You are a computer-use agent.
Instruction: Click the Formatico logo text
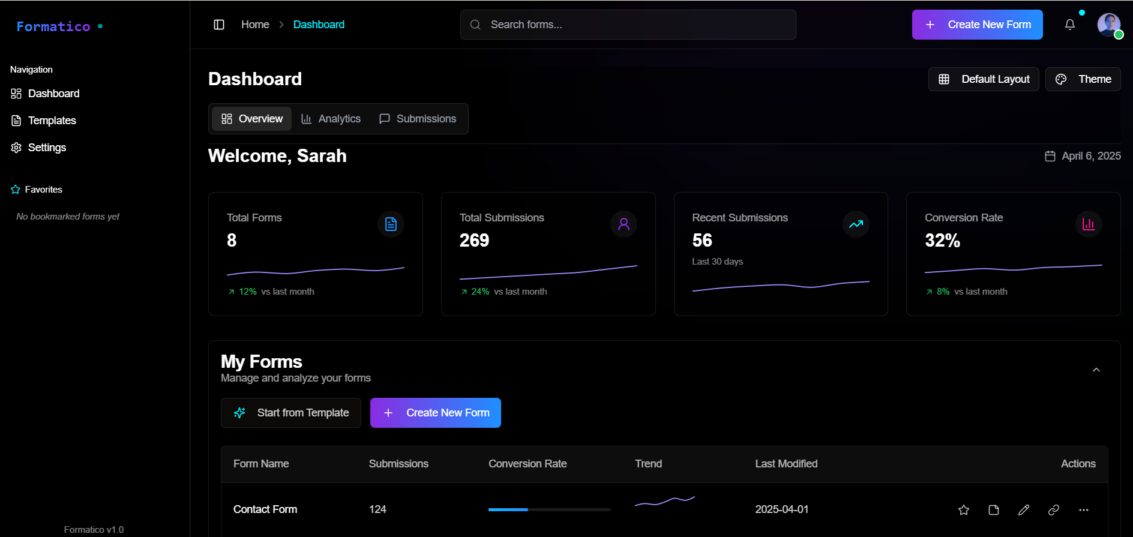coord(53,26)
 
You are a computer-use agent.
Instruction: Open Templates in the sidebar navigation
coord(52,121)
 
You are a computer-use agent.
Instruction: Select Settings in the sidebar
coord(47,148)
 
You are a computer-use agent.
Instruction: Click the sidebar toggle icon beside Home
coord(219,25)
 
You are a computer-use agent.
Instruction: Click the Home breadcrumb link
coord(255,25)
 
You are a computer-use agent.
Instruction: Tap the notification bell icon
coord(1069,25)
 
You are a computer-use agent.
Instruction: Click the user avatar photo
coord(1108,25)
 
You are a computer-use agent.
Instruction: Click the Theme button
coord(1083,79)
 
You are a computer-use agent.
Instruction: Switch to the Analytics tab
coord(331,119)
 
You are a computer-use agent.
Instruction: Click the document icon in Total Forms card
coord(391,224)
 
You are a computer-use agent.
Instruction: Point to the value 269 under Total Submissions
coord(474,241)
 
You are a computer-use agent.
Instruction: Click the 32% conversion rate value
coord(942,241)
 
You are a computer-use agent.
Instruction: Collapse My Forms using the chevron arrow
coord(1096,370)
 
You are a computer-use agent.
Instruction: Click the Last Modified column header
coord(786,464)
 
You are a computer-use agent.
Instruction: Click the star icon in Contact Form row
coord(964,510)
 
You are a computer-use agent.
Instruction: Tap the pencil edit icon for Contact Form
coord(1024,510)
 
